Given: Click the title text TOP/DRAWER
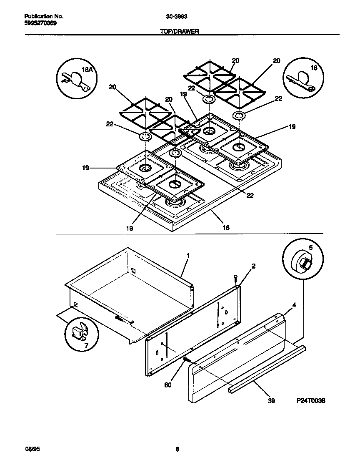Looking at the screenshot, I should pos(180,31).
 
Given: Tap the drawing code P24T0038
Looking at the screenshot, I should pos(310,400).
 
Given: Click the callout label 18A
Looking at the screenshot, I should pos(87,70).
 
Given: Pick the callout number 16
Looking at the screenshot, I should pos(225,228).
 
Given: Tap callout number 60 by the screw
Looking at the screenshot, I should pos(167,385).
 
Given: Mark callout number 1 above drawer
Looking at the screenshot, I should pos(188,255).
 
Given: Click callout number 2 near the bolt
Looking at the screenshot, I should pos(253,266).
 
